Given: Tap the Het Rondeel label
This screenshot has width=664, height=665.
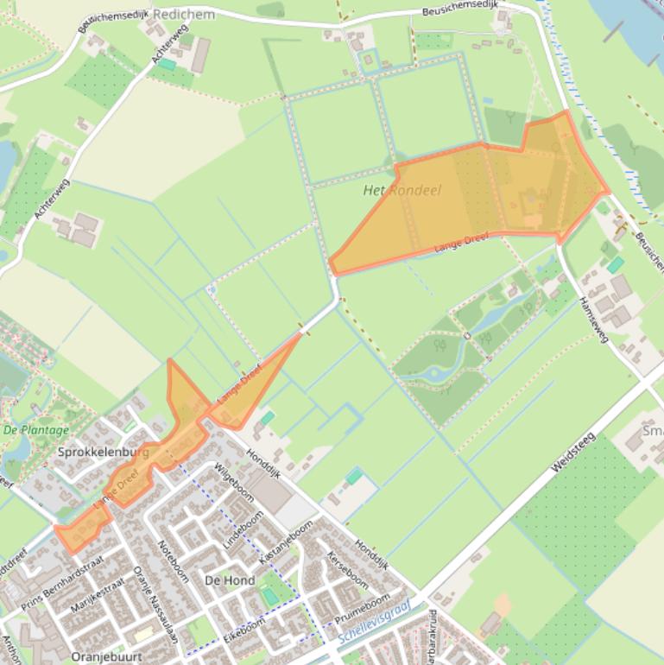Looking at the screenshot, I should pos(402,190).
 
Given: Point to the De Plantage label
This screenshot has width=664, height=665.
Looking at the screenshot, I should pos(35,429).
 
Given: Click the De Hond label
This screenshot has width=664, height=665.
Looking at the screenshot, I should pos(229,580).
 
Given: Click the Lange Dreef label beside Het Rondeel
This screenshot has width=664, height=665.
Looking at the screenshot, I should pos(461,243).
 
